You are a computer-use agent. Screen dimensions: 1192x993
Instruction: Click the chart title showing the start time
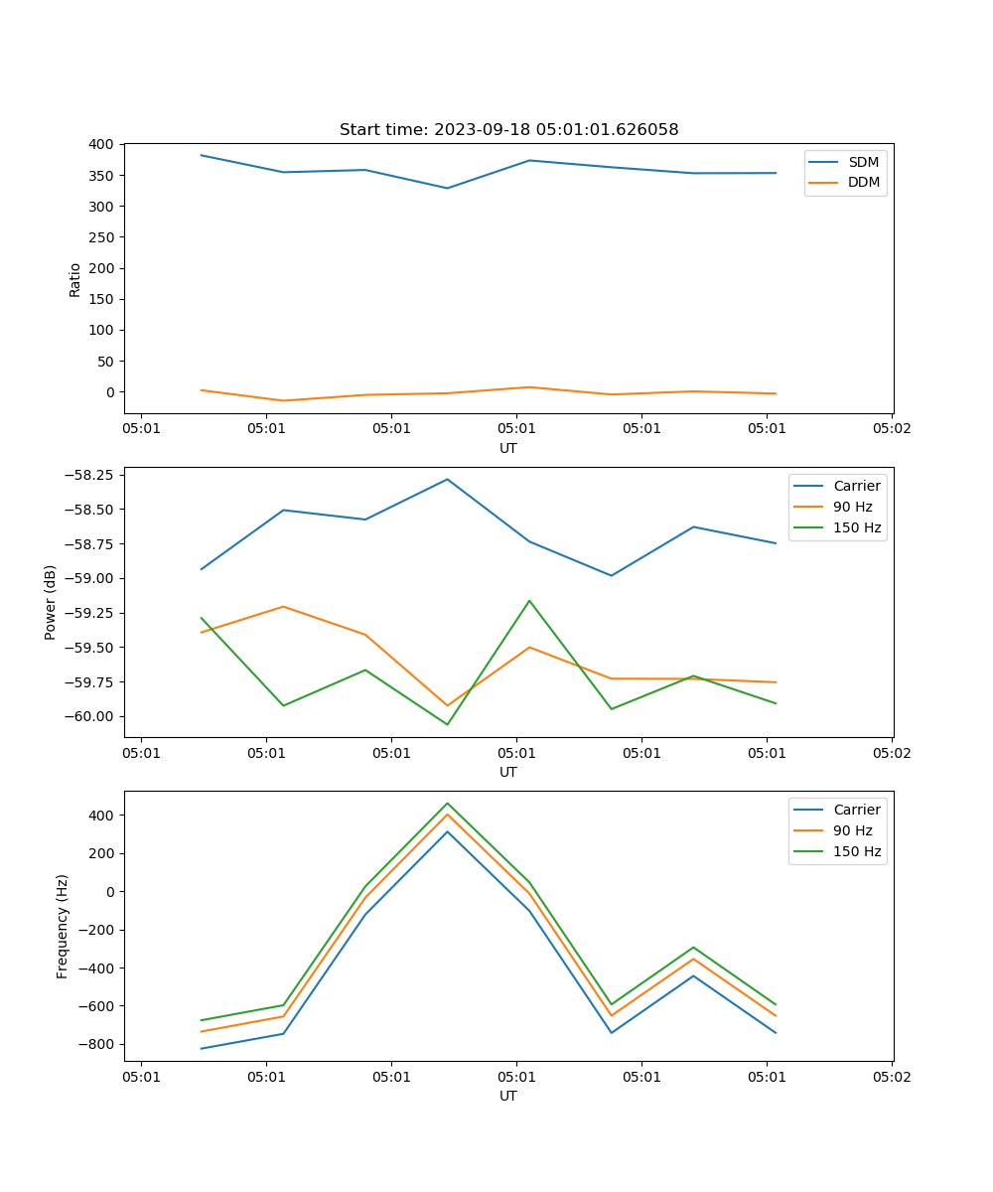[508, 130]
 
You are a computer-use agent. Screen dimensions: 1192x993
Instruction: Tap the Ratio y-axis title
[75, 279]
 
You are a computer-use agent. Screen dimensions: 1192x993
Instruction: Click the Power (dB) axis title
[51, 602]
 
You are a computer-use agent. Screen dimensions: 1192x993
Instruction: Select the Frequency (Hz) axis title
[63, 926]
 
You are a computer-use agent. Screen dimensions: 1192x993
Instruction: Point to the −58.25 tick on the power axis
[86, 475]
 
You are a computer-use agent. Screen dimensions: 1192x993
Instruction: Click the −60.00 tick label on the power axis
[86, 716]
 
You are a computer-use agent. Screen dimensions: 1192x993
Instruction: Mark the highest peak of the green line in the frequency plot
[447, 804]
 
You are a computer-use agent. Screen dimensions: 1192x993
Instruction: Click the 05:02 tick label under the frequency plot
[891, 1075]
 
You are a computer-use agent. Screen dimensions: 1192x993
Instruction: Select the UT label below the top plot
[508, 448]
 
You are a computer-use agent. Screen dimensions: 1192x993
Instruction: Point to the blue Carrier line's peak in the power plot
[447, 480]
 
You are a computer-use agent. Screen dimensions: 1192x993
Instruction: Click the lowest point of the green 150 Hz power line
[447, 724]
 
